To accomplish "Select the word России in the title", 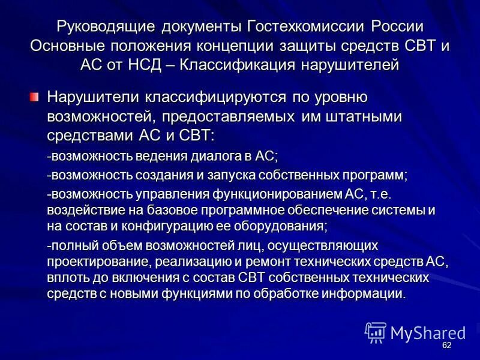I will tap(398, 28).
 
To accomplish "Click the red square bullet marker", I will tap(35, 96).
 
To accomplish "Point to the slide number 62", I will tap(446, 346).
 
